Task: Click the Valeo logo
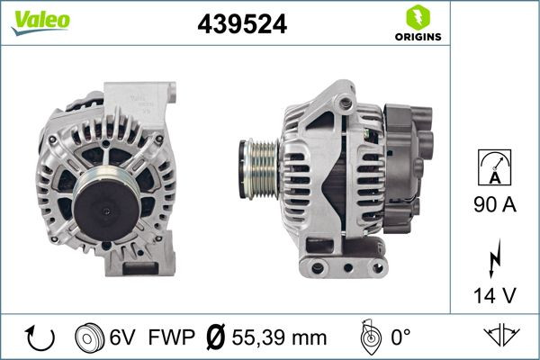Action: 40,21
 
